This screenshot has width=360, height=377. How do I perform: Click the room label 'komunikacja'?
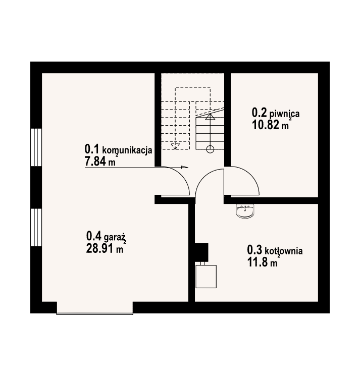pos(127,150)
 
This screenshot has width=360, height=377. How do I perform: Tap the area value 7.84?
pos(95,161)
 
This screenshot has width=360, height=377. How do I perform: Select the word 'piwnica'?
pos(284,114)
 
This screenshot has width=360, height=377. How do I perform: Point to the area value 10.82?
pos(266,125)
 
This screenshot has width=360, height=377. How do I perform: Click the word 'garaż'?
pos(115,238)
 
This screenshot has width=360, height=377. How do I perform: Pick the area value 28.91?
pos(100,249)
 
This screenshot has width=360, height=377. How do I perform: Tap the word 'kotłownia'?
pos(284,251)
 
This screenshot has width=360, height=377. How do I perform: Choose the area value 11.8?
pos(258,262)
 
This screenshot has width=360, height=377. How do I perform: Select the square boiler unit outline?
pos(206,277)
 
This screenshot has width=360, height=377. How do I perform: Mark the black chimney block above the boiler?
pos(201,252)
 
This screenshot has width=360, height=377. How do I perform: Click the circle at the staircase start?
pos(210,149)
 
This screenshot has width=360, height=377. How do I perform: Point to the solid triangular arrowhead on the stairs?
pos(210,117)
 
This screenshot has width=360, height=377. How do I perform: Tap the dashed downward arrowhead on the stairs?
pos(175,146)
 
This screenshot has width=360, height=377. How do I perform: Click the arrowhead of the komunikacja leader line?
pos(184,167)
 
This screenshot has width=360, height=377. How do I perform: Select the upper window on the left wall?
pos(36,147)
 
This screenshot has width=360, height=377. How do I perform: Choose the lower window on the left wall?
pos(36,227)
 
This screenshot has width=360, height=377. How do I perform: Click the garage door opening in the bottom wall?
pos(95,308)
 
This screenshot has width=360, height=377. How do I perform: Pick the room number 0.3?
pos(254,250)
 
